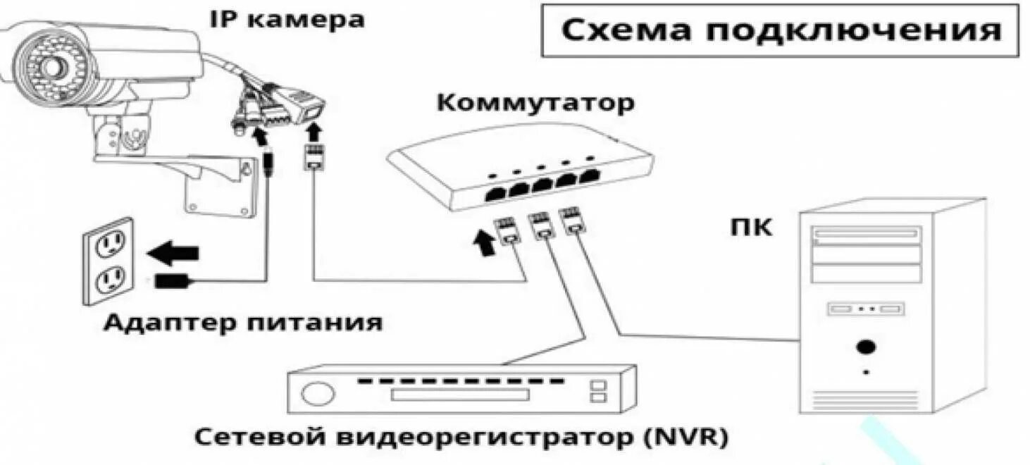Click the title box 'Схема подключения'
[x=780, y=31]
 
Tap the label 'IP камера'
[x=287, y=19]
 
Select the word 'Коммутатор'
[x=535, y=104]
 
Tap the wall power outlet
[x=108, y=261]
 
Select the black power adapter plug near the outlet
[x=171, y=280]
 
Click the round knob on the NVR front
[x=318, y=393]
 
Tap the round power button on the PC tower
[x=866, y=347]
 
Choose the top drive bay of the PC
[x=866, y=235]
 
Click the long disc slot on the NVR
[x=459, y=395]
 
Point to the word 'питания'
[x=315, y=323]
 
